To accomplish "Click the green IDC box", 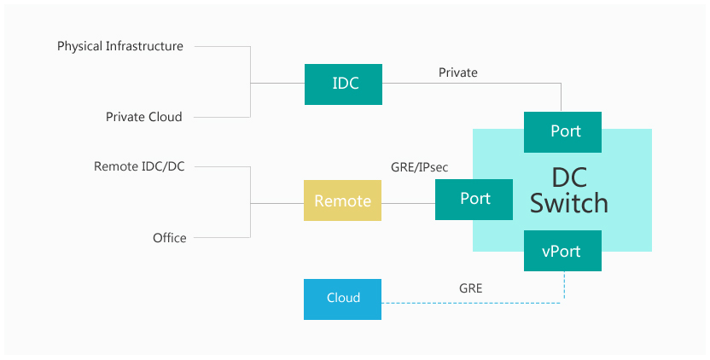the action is pos(343,84).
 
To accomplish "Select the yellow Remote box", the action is pos(342,200).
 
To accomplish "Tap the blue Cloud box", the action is pos(342,299).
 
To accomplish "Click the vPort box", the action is pos(562,251).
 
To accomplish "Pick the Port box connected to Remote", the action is pos(474,200).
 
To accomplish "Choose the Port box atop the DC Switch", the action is pos(562,132).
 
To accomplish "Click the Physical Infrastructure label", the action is pos(120,46).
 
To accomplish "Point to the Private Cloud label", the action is pos(144,117).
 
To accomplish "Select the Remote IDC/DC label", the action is pos(139,166).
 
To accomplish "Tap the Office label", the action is pos(169,238).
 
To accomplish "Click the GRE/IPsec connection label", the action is pos(419,167).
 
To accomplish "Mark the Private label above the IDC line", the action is pos(457,73).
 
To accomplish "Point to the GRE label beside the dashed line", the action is pos(470,288).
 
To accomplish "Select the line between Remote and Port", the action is pos(408,203).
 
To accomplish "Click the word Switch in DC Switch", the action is pos(568,203).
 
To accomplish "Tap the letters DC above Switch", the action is pos(569,177).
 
